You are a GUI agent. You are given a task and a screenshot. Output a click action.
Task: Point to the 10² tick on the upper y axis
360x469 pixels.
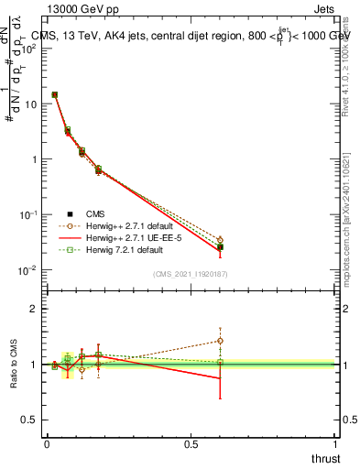[27, 49]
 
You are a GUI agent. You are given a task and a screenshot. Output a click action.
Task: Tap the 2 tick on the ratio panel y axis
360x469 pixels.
[33, 309]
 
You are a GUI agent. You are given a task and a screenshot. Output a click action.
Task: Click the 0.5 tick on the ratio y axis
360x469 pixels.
[29, 420]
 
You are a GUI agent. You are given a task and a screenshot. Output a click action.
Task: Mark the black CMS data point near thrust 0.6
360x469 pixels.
[220, 247]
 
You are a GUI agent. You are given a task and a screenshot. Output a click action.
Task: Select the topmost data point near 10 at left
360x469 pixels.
[55, 94]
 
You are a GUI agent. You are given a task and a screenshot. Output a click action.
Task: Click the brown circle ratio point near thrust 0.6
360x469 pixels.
[220, 341]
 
